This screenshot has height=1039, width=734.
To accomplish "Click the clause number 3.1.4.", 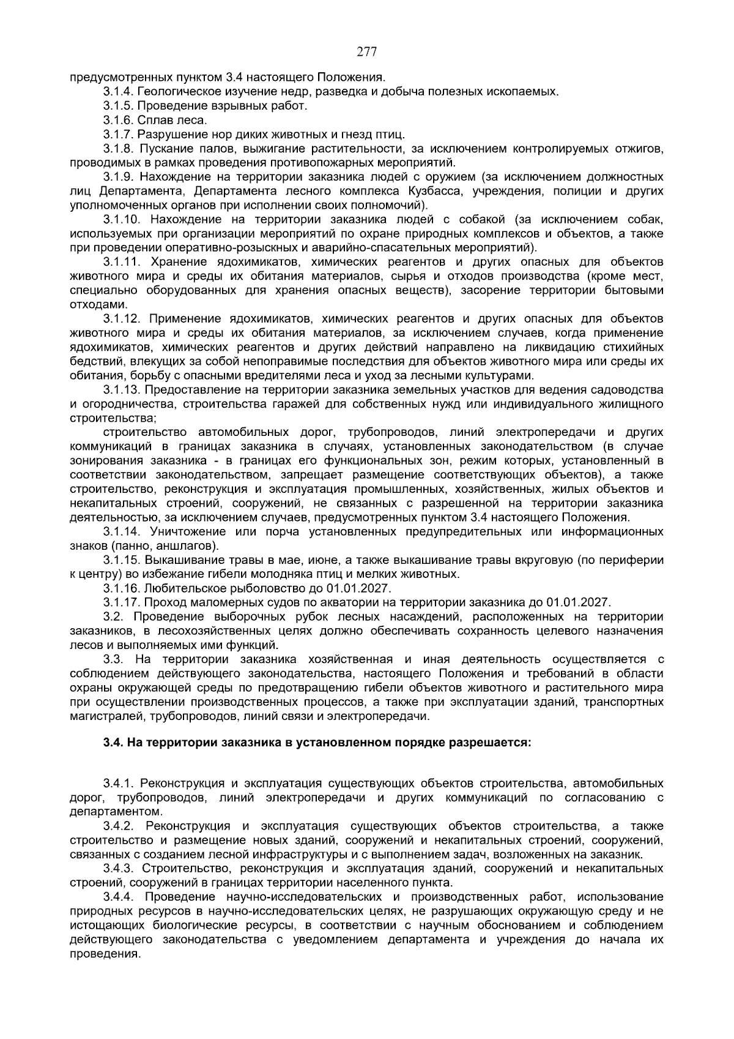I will [x=118, y=92].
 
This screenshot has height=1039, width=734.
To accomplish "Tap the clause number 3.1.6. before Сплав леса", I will [x=118, y=120].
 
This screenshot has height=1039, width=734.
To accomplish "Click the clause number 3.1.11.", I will [x=121, y=262].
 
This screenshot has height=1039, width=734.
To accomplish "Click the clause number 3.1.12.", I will [x=121, y=318].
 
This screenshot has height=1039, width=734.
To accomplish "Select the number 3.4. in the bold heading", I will [x=113, y=743].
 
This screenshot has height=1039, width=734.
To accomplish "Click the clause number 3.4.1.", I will [x=118, y=783].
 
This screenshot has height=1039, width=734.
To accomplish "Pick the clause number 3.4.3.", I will [x=118, y=868].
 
